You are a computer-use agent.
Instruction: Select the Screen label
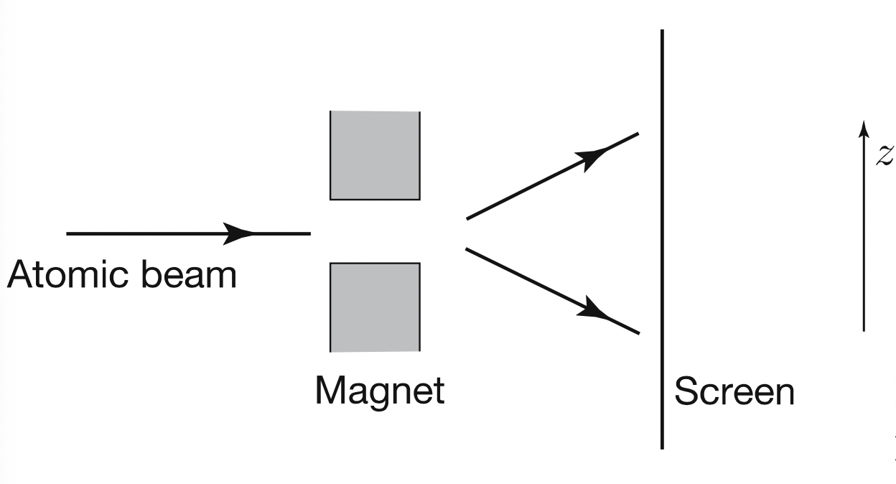click(734, 393)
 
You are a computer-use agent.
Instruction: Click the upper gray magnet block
click(375, 155)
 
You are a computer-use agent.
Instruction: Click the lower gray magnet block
click(375, 307)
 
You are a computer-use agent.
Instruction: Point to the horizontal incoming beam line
click(144, 233)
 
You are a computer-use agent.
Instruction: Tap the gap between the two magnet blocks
click(375, 231)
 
